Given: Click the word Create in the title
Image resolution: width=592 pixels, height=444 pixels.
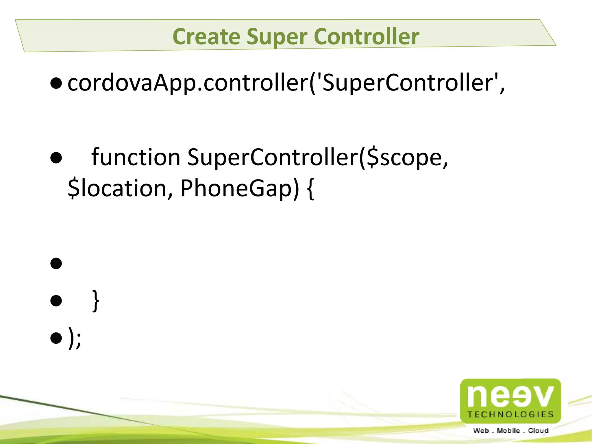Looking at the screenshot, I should click(206, 36).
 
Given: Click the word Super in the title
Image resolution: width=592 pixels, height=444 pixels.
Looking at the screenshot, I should click(277, 36).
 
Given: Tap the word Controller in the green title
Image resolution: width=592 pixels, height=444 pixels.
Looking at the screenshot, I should click(366, 36).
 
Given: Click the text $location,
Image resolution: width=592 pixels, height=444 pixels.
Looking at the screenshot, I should click(120, 188).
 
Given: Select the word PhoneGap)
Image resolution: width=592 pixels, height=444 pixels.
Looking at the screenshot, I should click(240, 188).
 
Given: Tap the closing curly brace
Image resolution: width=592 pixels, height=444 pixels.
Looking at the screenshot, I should click(96, 301).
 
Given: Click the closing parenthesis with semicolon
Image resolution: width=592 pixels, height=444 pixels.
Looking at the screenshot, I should click(75, 338).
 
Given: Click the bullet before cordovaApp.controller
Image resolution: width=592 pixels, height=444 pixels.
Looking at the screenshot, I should click(56, 83).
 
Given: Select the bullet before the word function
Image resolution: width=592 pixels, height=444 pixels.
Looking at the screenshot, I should click(56, 158).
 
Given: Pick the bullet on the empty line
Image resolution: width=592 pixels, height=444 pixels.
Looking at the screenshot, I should click(56, 263).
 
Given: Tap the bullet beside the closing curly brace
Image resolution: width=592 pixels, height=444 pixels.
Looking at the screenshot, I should click(56, 301).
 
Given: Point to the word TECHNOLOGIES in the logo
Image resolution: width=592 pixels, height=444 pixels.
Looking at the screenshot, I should click(510, 415).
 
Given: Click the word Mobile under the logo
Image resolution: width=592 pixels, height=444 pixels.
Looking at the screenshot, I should click(508, 431).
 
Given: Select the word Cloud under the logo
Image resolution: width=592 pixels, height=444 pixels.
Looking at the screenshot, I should click(538, 431).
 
